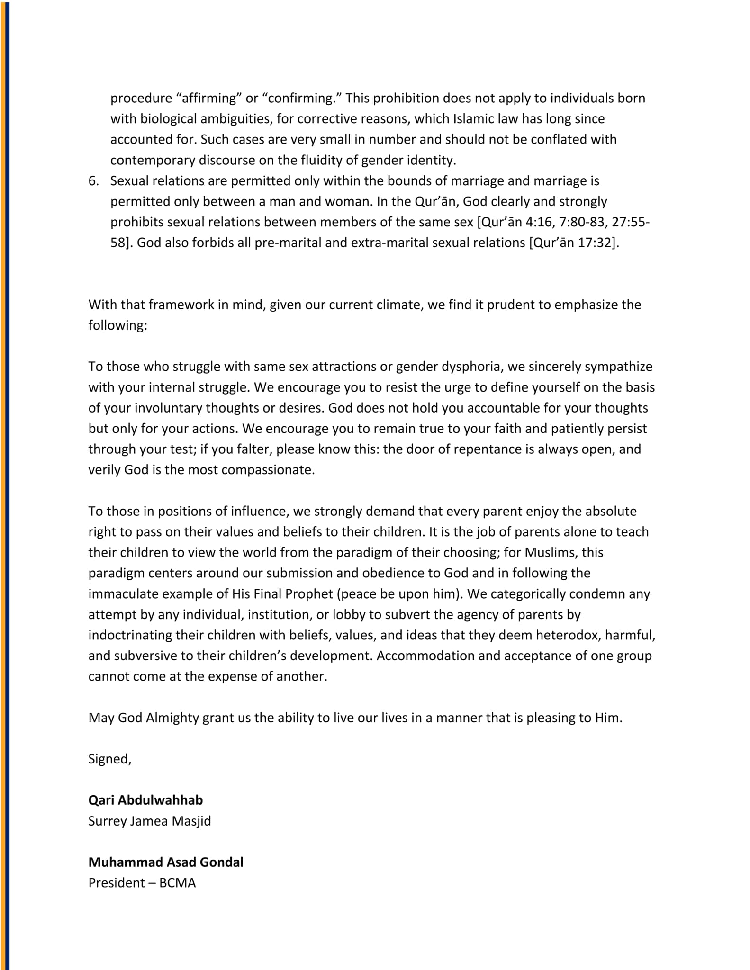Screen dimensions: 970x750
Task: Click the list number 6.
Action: tap(93, 181)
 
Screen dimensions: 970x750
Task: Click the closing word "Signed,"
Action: tap(110, 759)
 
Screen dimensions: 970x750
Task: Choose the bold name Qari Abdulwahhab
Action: tap(145, 800)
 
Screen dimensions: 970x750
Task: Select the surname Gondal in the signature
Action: tap(221, 862)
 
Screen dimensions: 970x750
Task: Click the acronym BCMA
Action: tap(177, 883)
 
